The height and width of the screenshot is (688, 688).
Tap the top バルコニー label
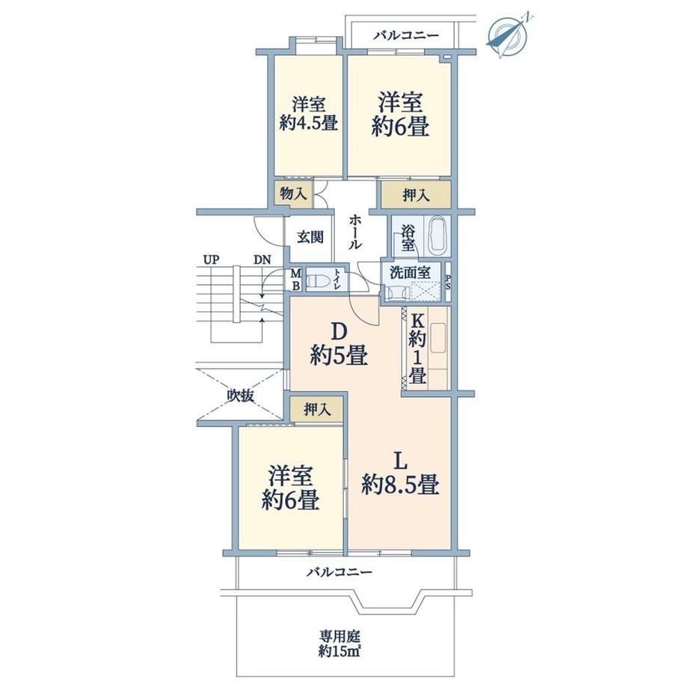[406, 35]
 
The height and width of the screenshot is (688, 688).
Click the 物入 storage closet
[293, 194]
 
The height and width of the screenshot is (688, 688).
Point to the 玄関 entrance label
[310, 237]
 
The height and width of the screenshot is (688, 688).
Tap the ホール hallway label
[354, 233]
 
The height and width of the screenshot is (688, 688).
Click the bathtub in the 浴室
[438, 236]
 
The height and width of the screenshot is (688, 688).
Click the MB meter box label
[296, 280]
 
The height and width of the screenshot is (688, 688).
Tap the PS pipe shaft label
[448, 282]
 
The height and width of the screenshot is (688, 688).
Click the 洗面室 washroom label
[410, 272]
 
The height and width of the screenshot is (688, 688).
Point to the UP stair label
[211, 259]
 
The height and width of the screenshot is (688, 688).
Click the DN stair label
[262, 259]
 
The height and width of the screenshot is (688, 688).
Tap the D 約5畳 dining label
[339, 345]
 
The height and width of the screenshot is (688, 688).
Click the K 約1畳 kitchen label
[417, 349]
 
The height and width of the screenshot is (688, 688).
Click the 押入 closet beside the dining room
[317, 410]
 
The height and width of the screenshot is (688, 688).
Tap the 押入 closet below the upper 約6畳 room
[416, 194]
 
